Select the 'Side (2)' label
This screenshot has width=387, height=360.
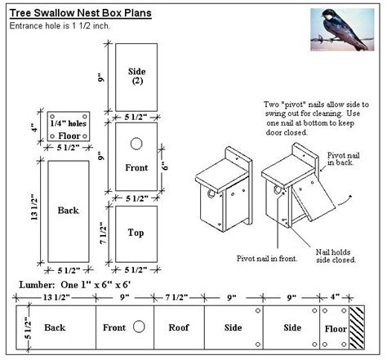click(136, 77)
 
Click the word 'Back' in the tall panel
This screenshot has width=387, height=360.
click(68, 211)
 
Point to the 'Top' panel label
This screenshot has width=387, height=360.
click(136, 233)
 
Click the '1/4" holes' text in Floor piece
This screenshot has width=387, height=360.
click(68, 122)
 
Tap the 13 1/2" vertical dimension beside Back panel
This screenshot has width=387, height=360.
click(33, 210)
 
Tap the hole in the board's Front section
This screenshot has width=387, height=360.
click(139, 326)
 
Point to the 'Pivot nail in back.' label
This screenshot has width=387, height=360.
click(347, 159)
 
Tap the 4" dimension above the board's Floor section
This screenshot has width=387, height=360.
click(335, 299)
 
